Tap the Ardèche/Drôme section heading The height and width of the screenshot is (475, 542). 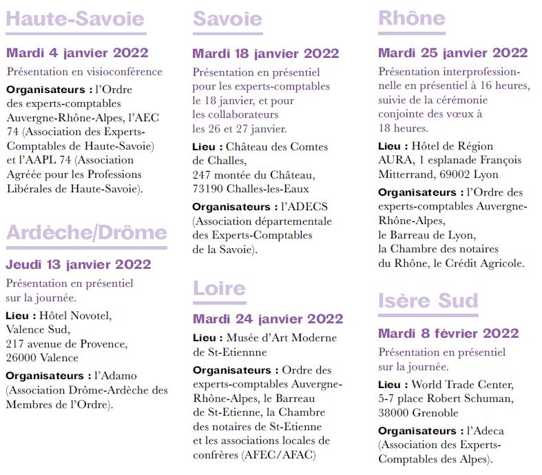[86, 233]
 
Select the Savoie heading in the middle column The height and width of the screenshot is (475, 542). [227, 19]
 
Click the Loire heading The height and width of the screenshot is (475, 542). [219, 288]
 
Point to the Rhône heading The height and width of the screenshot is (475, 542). [412, 19]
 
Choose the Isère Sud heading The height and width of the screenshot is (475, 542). [428, 301]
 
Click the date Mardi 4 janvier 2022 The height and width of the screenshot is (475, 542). [78, 53]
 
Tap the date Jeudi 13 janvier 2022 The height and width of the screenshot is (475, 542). [79, 265]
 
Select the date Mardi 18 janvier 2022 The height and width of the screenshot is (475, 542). [266, 54]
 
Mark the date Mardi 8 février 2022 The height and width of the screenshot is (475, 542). [448, 334]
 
